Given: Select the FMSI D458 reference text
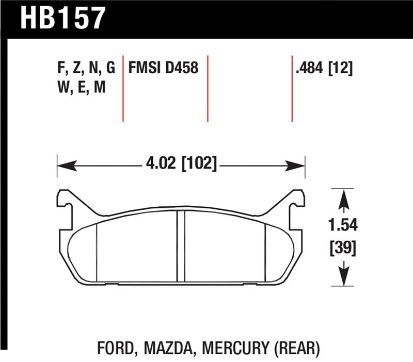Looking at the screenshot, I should tap(164, 68).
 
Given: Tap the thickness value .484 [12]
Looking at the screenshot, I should tap(323, 68).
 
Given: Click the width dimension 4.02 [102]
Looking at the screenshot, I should tap(180, 166).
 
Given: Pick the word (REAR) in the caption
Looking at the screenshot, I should tap(295, 349).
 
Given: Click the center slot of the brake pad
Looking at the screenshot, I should tap(181, 246).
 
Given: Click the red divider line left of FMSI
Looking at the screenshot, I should tap(123, 88).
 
